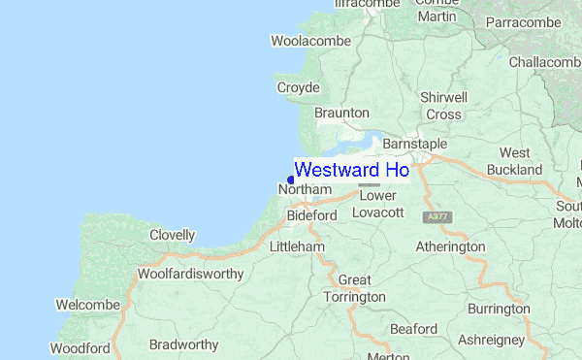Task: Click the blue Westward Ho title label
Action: click(x=351, y=170)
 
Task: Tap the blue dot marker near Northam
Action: click(x=291, y=180)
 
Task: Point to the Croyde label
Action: click(x=298, y=87)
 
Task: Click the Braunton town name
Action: click(x=342, y=113)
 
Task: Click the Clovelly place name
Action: click(x=172, y=235)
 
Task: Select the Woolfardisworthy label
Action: click(x=190, y=274)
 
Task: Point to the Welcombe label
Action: click(x=87, y=305)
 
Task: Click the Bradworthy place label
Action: click(x=184, y=344)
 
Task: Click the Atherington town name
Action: click(x=449, y=246)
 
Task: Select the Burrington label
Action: click(x=498, y=309)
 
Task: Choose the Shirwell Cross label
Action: click(x=443, y=106)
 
